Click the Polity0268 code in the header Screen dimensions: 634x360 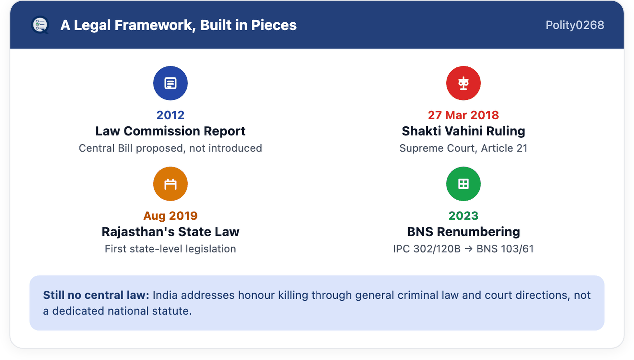(x=575, y=25)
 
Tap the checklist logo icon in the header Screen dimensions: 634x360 (x=40, y=25)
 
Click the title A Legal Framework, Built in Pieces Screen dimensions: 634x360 (x=178, y=25)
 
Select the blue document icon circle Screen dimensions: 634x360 (x=170, y=83)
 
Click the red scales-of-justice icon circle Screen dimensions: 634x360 (x=463, y=83)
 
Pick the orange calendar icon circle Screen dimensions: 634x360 (x=170, y=184)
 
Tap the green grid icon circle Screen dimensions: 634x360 (x=463, y=184)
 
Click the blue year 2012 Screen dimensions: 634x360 (x=170, y=115)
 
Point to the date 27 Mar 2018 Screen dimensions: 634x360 (x=463, y=115)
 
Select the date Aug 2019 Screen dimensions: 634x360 (x=170, y=216)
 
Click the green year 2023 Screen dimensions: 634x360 (x=463, y=216)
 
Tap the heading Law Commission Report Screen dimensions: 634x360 (x=170, y=131)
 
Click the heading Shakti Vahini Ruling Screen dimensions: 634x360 (x=463, y=131)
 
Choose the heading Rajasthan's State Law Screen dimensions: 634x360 (x=170, y=232)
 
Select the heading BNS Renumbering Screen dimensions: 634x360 (x=463, y=232)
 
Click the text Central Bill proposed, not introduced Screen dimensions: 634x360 (x=170, y=148)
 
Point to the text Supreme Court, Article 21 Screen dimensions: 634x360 (x=463, y=148)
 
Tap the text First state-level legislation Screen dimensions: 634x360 (x=170, y=249)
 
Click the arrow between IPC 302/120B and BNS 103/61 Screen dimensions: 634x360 (x=468, y=249)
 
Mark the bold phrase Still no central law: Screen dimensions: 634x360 (x=96, y=295)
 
